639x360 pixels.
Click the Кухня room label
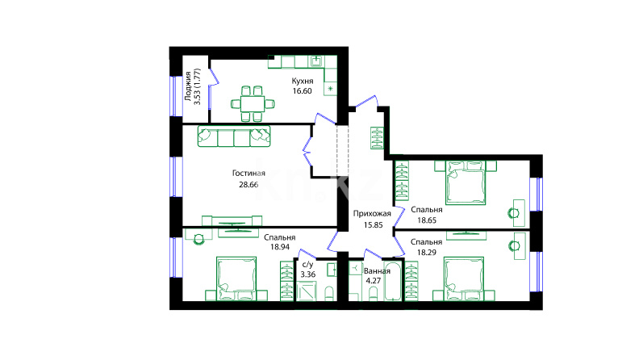(x=303, y=82)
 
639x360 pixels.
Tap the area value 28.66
(x=248, y=184)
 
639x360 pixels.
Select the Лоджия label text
(x=188, y=86)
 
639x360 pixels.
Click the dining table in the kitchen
(x=253, y=104)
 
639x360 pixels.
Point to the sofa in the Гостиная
(x=234, y=136)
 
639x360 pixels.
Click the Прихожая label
(x=372, y=214)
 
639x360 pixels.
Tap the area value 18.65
(x=427, y=220)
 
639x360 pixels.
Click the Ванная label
(x=377, y=271)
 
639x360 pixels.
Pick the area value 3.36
(x=308, y=274)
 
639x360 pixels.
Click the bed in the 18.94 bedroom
(x=236, y=278)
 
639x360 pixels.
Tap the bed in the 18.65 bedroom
(x=466, y=182)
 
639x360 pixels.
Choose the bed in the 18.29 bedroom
(x=464, y=278)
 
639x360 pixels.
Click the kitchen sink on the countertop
(x=316, y=61)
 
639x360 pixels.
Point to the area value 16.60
(x=302, y=91)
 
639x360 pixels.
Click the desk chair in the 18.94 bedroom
(x=198, y=239)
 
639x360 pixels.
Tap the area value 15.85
(x=373, y=224)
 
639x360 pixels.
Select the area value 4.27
(x=374, y=281)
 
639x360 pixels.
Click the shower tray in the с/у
(x=307, y=291)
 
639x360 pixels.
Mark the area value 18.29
(x=427, y=253)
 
